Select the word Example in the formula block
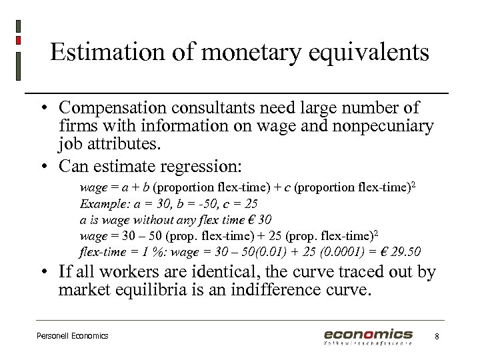(x=101, y=203)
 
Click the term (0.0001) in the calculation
(x=337, y=251)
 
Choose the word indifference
(x=284, y=290)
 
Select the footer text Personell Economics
(x=72, y=336)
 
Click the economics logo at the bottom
(x=368, y=335)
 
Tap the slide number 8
(x=436, y=336)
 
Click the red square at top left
(x=19, y=40)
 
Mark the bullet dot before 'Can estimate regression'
(x=42, y=164)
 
